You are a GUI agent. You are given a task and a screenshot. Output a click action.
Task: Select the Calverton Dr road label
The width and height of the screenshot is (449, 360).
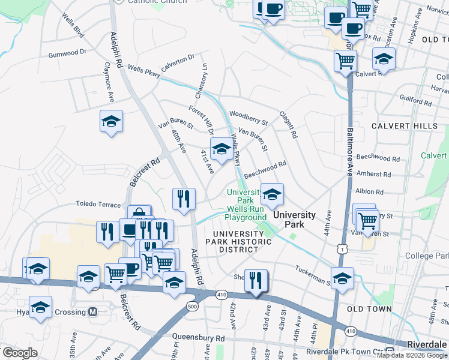click(178, 63)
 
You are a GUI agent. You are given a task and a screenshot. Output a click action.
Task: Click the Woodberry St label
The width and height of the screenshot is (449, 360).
click(248, 118)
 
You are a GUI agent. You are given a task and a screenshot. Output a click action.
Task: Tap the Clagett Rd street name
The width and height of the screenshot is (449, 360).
click(288, 124)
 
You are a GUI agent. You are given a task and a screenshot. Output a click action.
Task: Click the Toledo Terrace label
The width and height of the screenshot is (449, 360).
click(98, 205)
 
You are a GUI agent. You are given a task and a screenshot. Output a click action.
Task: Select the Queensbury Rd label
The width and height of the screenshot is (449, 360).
click(199, 338)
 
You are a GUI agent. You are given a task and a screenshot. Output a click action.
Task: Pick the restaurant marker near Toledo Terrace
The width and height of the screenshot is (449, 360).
click(184, 199)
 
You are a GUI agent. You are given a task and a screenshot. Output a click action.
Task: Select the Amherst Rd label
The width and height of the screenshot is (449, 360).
click(374, 175)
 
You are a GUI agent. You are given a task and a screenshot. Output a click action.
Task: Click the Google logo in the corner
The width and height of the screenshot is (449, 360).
click(20, 353)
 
